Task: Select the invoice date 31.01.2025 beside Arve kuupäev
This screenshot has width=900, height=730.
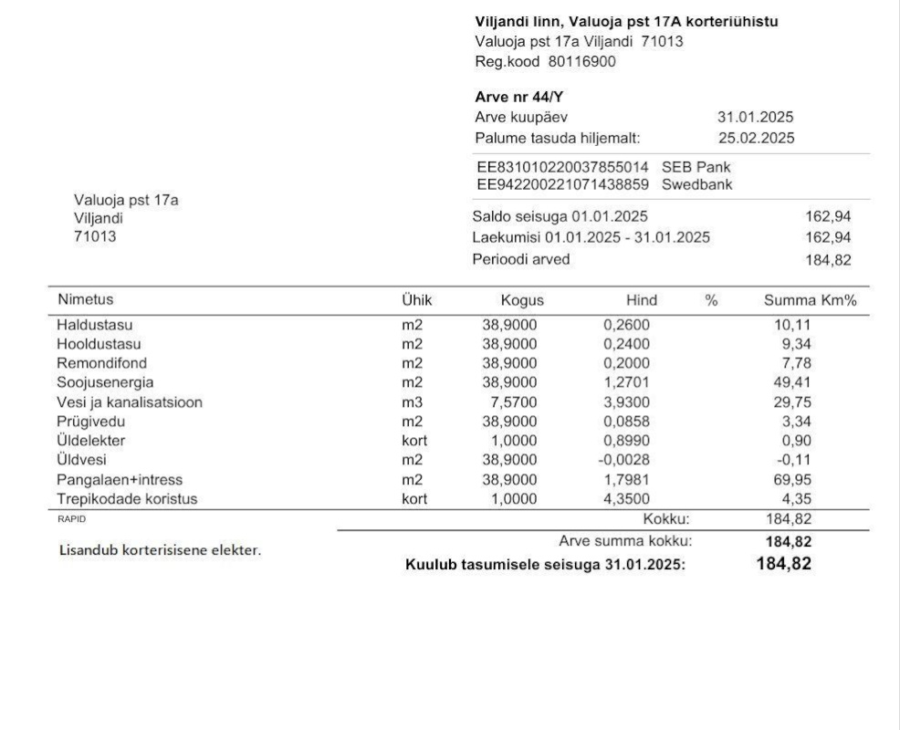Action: [x=755, y=117]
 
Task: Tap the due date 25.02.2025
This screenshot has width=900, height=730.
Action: [x=756, y=138]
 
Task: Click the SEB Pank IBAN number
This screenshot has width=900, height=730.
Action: [x=562, y=168]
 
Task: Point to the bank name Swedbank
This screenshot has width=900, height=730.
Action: [x=696, y=184]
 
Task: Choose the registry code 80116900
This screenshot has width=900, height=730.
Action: [x=581, y=61]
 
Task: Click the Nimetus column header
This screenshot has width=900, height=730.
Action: [x=86, y=299]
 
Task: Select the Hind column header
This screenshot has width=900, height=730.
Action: [x=641, y=300]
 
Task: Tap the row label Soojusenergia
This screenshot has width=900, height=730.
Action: [x=105, y=382]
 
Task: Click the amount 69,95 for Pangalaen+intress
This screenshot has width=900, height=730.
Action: [x=792, y=479]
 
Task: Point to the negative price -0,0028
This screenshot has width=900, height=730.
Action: [x=626, y=460]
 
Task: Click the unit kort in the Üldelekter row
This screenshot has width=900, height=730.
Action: [x=414, y=441]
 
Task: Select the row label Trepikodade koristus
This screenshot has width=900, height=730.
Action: [x=127, y=499]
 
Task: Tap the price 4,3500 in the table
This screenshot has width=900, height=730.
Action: [x=627, y=499]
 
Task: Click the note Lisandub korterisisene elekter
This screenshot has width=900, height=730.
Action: [x=160, y=550]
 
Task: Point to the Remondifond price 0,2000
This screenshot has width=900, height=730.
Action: [x=627, y=363]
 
